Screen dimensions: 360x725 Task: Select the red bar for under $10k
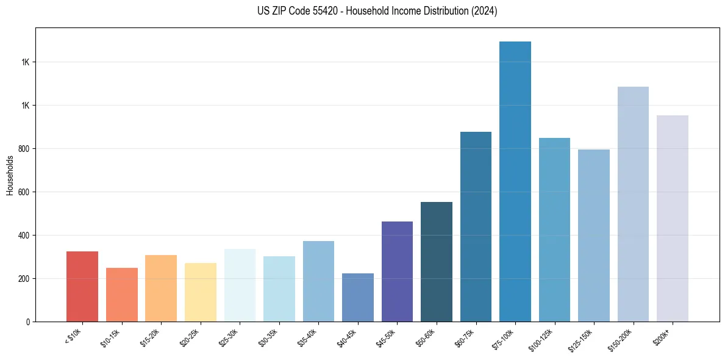point(82,286)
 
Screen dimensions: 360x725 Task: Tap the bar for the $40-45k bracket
point(358,297)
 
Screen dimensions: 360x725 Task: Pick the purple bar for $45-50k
point(397,272)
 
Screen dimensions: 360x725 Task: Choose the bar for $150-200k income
point(633,204)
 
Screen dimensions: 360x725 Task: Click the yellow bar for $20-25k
point(201,292)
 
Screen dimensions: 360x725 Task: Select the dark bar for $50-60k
point(437,262)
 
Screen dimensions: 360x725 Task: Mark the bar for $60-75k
point(476,226)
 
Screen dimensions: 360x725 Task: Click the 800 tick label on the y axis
point(24,149)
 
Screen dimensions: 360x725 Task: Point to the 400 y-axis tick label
point(24,236)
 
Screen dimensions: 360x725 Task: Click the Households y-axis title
point(10,175)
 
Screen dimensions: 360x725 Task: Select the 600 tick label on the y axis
point(24,192)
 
